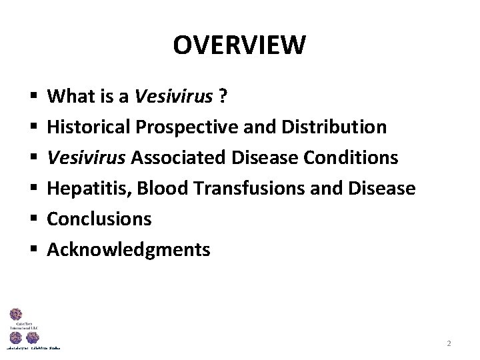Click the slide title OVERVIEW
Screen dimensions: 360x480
coord(239,45)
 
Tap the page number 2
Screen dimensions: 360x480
coord(449,343)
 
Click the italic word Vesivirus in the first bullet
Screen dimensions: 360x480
coord(173,97)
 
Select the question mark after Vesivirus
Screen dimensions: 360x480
coord(223,97)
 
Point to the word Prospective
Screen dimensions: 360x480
coord(178,127)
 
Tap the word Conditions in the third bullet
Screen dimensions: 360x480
coord(350,158)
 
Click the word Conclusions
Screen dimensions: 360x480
coord(99,219)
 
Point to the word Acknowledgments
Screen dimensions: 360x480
coord(128,250)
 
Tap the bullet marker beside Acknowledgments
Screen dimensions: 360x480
coord(32,251)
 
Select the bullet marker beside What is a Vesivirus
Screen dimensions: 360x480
coord(32,97)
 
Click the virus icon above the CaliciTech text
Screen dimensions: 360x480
coord(15,314)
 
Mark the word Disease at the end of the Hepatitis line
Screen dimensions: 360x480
coord(382,189)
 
